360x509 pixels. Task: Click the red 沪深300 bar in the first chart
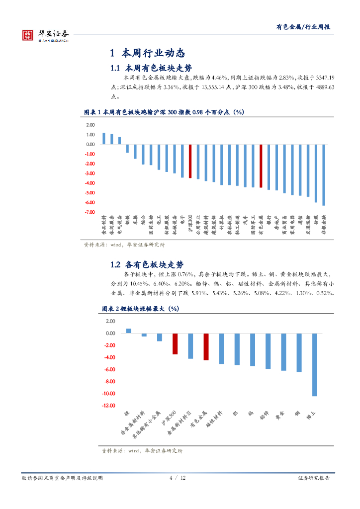coord(190,161)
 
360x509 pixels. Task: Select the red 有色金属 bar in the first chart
coord(261,166)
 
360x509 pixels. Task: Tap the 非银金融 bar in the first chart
coord(324,174)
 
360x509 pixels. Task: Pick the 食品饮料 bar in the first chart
coord(103,139)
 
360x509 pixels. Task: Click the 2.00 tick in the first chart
coord(90,125)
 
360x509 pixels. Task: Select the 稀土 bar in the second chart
coord(314,365)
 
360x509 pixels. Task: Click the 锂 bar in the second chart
coord(128,331)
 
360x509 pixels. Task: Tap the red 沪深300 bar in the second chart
coord(175,344)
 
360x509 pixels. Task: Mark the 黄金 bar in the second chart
coord(283,352)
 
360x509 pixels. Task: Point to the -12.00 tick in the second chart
coord(108,406)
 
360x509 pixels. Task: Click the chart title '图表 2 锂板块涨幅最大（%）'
coord(140,309)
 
